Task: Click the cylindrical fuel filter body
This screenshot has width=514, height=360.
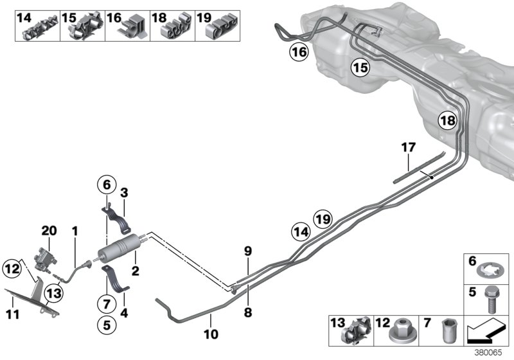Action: pos(119,248)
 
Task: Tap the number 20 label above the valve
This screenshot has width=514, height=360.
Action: pos(49,230)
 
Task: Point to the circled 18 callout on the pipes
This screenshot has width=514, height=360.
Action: pos(448,121)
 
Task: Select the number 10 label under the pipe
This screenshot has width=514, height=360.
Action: pos(211,334)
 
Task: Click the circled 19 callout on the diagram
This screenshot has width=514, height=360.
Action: pos(323,219)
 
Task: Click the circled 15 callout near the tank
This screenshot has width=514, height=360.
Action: pos(360,67)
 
